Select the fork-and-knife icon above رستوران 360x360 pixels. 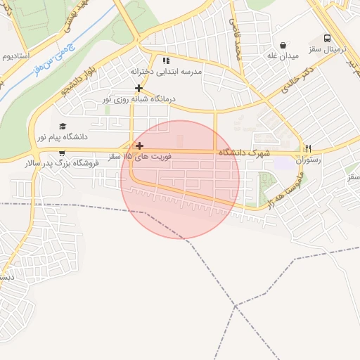(307, 148)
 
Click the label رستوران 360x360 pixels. (307, 160)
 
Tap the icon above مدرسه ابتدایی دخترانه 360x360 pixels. (166, 60)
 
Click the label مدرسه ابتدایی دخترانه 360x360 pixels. (166, 72)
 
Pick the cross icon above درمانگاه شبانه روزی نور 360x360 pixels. (139, 88)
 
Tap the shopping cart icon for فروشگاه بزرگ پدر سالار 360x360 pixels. (62, 153)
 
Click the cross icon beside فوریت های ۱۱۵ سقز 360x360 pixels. (139, 145)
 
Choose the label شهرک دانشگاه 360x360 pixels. (244, 153)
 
